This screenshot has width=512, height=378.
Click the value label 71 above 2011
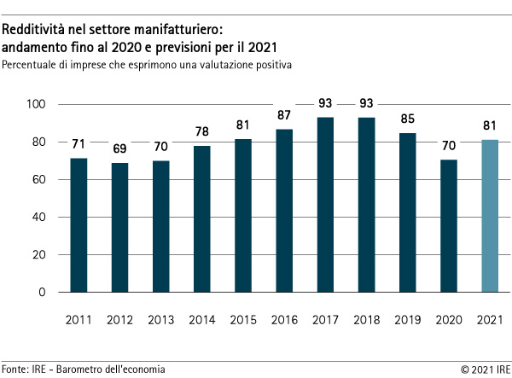(x=79, y=143)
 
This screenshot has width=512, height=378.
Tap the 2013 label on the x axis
(x=160, y=320)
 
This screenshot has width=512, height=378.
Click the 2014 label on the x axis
(x=201, y=320)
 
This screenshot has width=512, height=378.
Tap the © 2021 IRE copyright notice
(x=486, y=369)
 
